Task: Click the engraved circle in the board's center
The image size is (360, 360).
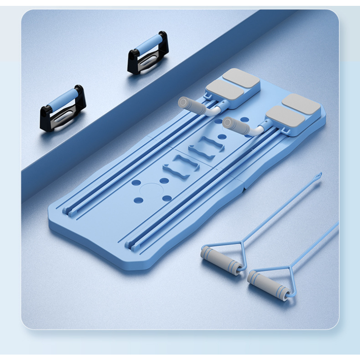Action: click(150, 191)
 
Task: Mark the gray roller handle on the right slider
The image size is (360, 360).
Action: click(236, 126)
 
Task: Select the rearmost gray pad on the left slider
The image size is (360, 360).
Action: click(241, 77)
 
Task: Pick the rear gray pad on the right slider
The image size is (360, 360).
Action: click(301, 103)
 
